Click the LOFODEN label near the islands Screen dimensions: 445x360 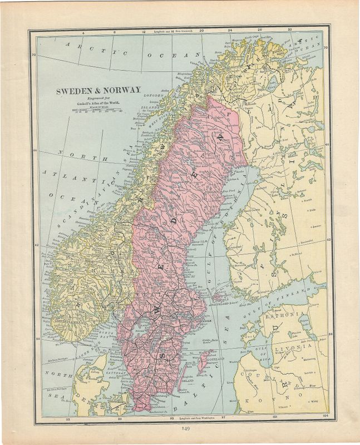(161, 95)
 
